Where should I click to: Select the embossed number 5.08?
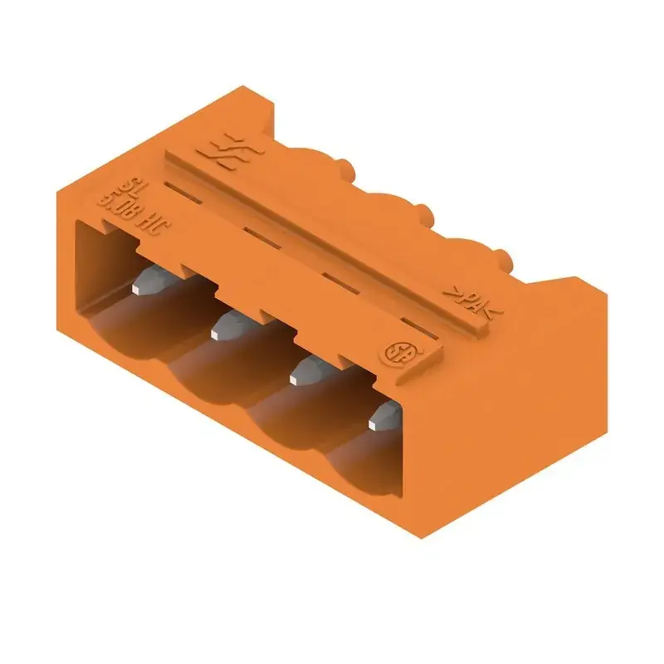pyautogui.click(x=115, y=203)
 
